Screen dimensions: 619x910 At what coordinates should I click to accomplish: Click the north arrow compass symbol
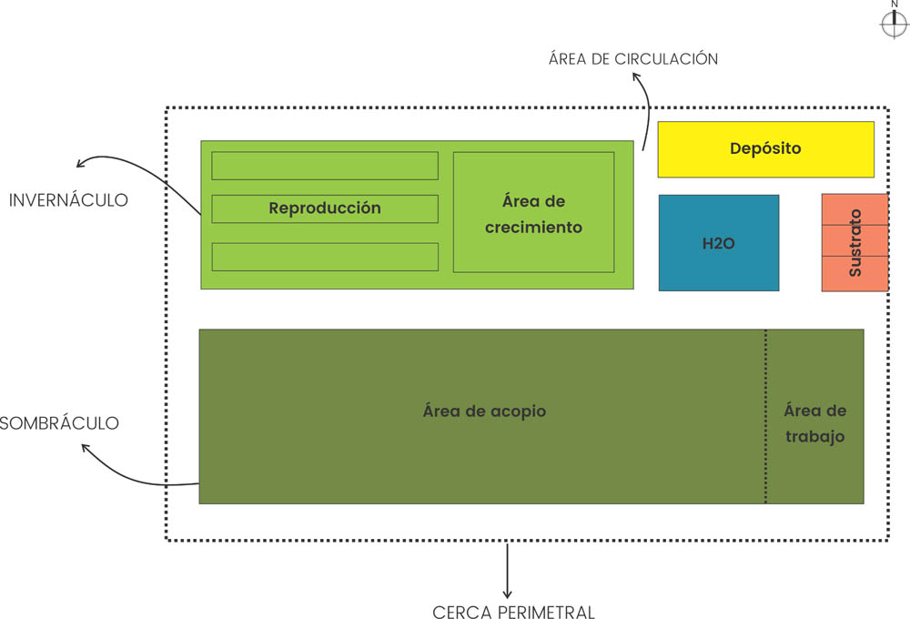[895, 25]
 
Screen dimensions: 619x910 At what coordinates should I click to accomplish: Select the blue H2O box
[718, 243]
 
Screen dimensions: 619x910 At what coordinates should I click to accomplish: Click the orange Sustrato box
[854, 242]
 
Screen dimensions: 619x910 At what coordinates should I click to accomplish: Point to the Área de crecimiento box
[533, 212]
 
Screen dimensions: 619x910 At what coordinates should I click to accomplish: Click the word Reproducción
[325, 208]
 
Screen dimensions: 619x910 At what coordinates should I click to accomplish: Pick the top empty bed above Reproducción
[325, 166]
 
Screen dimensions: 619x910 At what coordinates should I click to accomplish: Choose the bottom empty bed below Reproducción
[325, 257]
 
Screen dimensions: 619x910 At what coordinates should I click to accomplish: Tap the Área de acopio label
[484, 411]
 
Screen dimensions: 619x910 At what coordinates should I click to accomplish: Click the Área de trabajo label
[814, 424]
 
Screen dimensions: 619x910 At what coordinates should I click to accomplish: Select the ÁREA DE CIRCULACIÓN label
[633, 59]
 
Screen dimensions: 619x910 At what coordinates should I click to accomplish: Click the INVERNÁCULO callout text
[68, 199]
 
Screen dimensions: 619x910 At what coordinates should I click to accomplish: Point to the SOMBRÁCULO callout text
[60, 423]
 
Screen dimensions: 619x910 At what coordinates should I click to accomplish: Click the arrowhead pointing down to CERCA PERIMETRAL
[508, 594]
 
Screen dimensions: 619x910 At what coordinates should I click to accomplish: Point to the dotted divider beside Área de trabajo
[765, 416]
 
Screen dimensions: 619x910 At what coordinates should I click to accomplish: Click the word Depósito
[765, 148]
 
